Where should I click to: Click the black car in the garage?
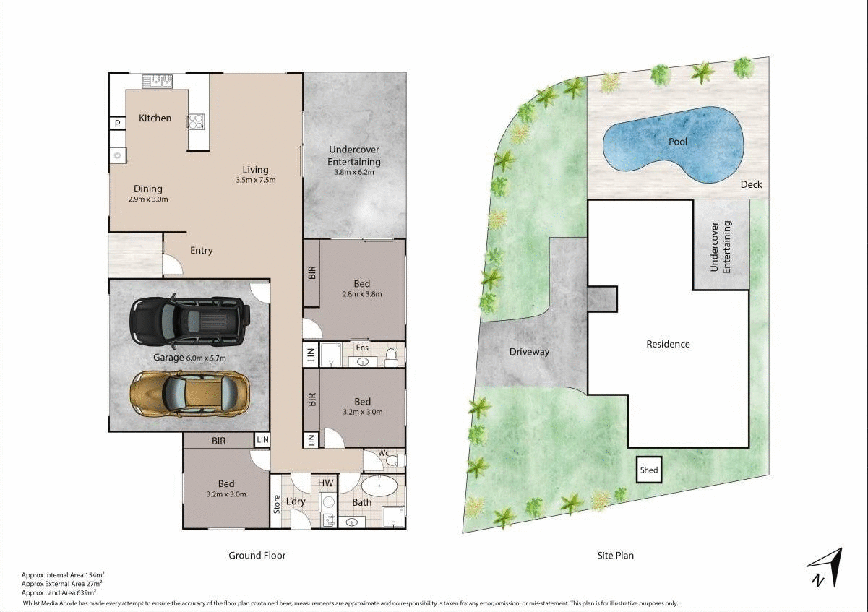(x=189, y=320)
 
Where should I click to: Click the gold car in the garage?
(x=189, y=394)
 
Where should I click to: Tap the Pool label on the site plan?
(x=677, y=142)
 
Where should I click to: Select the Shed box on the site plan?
(x=649, y=470)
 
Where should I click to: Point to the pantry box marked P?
(x=116, y=124)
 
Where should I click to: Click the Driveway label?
(x=529, y=352)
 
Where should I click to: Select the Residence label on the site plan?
(x=668, y=344)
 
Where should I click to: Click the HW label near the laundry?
(x=325, y=483)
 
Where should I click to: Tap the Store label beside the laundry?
(x=276, y=503)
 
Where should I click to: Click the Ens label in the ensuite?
(x=362, y=348)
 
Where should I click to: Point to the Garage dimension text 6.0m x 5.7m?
(x=206, y=358)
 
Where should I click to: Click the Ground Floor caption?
(x=257, y=556)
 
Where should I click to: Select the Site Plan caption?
(x=615, y=556)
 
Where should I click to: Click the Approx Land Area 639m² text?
(x=59, y=592)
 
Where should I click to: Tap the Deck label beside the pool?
(x=751, y=185)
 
